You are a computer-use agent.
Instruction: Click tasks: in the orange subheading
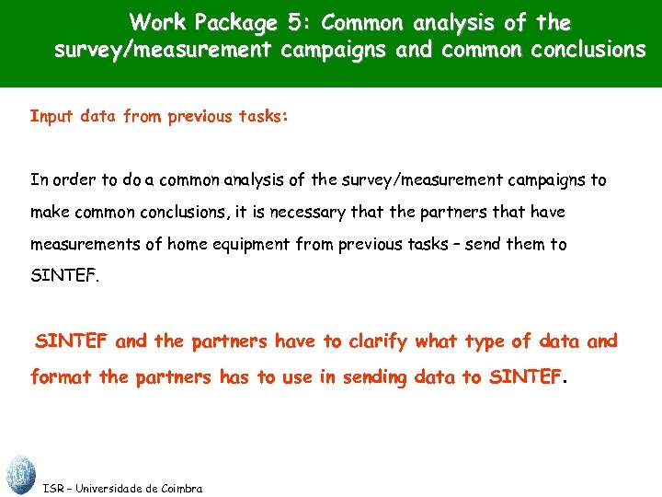coord(263,117)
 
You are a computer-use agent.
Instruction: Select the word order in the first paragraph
coord(71,180)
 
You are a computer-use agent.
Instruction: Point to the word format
coord(60,377)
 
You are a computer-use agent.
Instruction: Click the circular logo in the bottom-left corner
coord(19,475)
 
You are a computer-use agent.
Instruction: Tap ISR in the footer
coord(53,489)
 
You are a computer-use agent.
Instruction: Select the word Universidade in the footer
coord(118,489)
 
